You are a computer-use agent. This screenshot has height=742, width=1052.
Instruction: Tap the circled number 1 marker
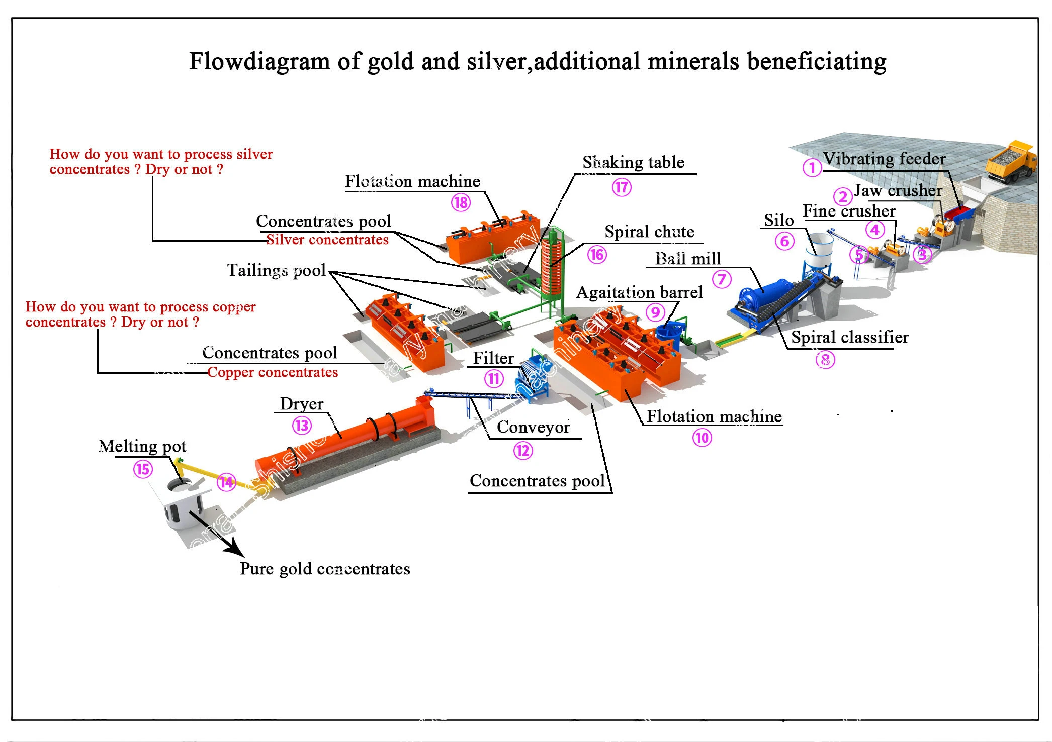click(x=812, y=167)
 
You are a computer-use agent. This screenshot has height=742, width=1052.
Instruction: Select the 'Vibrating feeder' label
click(x=885, y=159)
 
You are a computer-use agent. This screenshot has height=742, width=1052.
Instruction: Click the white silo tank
click(x=819, y=249)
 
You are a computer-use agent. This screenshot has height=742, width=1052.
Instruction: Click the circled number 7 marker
click(x=722, y=279)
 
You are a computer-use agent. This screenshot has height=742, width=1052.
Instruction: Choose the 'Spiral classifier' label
click(x=850, y=337)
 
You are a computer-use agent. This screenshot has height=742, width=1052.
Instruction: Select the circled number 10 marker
click(x=702, y=438)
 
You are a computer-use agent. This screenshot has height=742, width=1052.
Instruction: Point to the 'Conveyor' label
click(x=533, y=427)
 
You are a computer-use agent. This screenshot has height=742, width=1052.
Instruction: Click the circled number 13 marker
click(x=302, y=426)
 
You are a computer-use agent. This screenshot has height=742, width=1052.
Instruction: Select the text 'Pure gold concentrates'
click(x=325, y=569)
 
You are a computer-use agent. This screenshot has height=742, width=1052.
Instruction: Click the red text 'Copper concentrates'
click(x=273, y=372)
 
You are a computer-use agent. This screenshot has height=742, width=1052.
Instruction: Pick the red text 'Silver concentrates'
click(x=327, y=240)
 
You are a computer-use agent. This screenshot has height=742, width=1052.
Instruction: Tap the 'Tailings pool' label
click(x=277, y=270)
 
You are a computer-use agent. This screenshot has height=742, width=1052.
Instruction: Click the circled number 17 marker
click(x=622, y=187)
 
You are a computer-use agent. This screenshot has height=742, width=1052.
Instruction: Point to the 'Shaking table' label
click(x=633, y=162)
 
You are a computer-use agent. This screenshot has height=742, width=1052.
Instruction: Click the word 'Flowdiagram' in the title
click(x=259, y=62)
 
